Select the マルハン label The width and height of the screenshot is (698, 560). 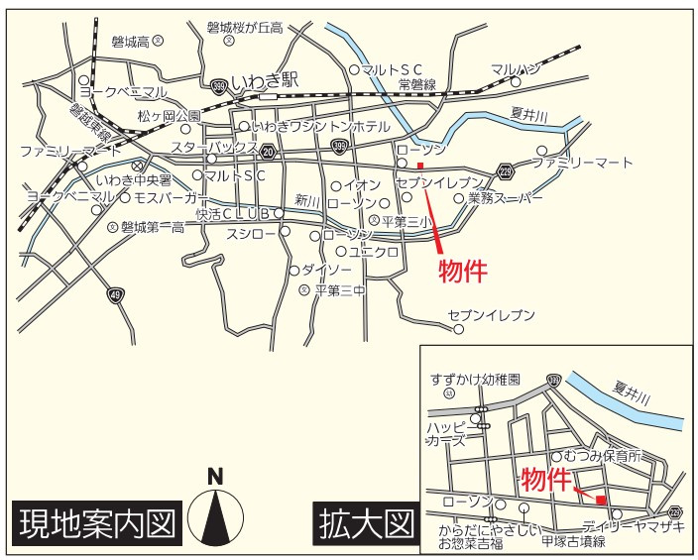pos(516,68)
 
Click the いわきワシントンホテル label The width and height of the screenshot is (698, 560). pos(320,128)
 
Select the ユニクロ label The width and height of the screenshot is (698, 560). pos(373,252)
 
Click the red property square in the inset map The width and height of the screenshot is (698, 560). pos(601,500)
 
